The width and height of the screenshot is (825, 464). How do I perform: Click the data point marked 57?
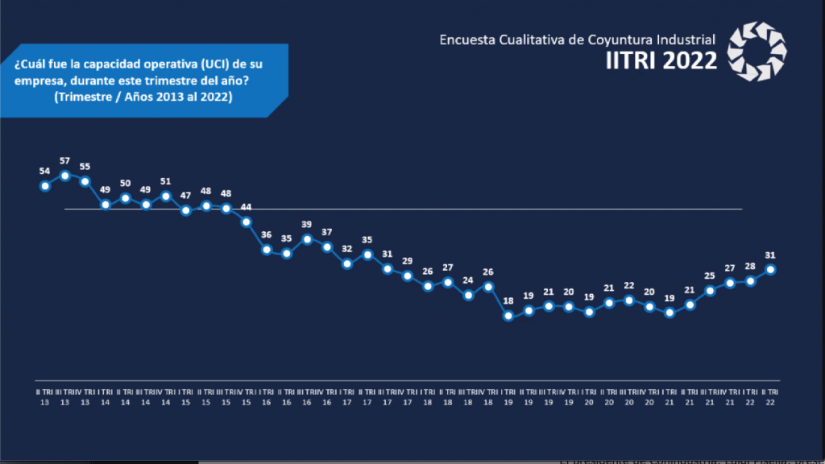point(65,175)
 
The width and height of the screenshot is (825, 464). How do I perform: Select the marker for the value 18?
point(508,317)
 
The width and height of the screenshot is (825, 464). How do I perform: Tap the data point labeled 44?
point(247,222)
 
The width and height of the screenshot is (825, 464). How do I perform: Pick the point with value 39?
point(307,239)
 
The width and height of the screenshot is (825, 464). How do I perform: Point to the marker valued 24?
point(468,296)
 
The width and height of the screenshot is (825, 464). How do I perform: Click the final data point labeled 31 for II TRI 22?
point(770,270)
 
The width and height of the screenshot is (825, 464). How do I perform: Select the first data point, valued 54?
point(45,186)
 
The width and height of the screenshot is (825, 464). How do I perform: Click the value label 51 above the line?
point(166,181)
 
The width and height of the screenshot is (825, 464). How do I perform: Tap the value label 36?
point(267,235)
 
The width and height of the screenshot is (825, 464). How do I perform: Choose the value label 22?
point(629,286)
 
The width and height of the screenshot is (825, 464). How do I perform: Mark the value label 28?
point(750,267)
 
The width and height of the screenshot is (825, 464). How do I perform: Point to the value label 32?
point(347,249)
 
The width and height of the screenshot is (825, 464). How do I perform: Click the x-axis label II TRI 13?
point(45,396)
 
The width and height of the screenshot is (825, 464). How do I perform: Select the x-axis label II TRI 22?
point(770,396)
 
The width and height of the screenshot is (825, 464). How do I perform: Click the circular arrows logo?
point(757,52)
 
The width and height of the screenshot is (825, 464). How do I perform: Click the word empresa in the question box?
point(35,81)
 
